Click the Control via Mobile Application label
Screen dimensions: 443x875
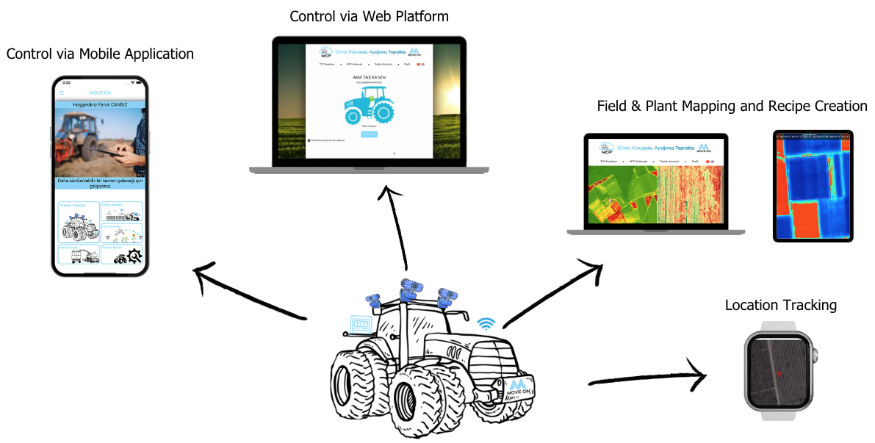click(100, 54)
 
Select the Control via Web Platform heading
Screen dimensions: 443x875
click(369, 16)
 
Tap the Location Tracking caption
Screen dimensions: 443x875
click(780, 306)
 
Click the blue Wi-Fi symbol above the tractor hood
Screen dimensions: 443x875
click(486, 323)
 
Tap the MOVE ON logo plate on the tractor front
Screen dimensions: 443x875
click(519, 389)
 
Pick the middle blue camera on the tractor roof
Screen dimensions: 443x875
click(408, 289)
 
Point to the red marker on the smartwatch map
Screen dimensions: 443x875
click(778, 372)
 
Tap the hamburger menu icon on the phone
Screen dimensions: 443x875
click(62, 93)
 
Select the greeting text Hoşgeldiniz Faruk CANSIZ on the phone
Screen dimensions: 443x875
click(100, 105)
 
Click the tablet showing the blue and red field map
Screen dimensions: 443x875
click(813, 186)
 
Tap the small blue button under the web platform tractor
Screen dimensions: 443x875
click(369, 134)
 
